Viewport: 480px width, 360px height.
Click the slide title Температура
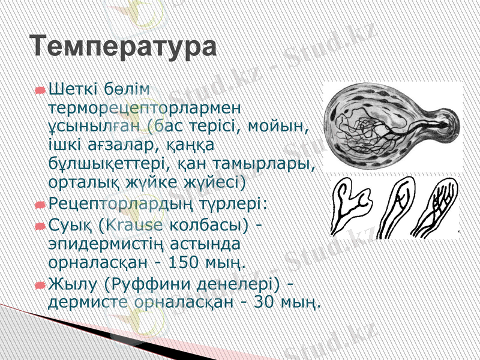click(x=123, y=46)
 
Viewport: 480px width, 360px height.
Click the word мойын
click(x=286, y=127)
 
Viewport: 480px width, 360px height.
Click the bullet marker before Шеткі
click(x=40, y=91)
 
